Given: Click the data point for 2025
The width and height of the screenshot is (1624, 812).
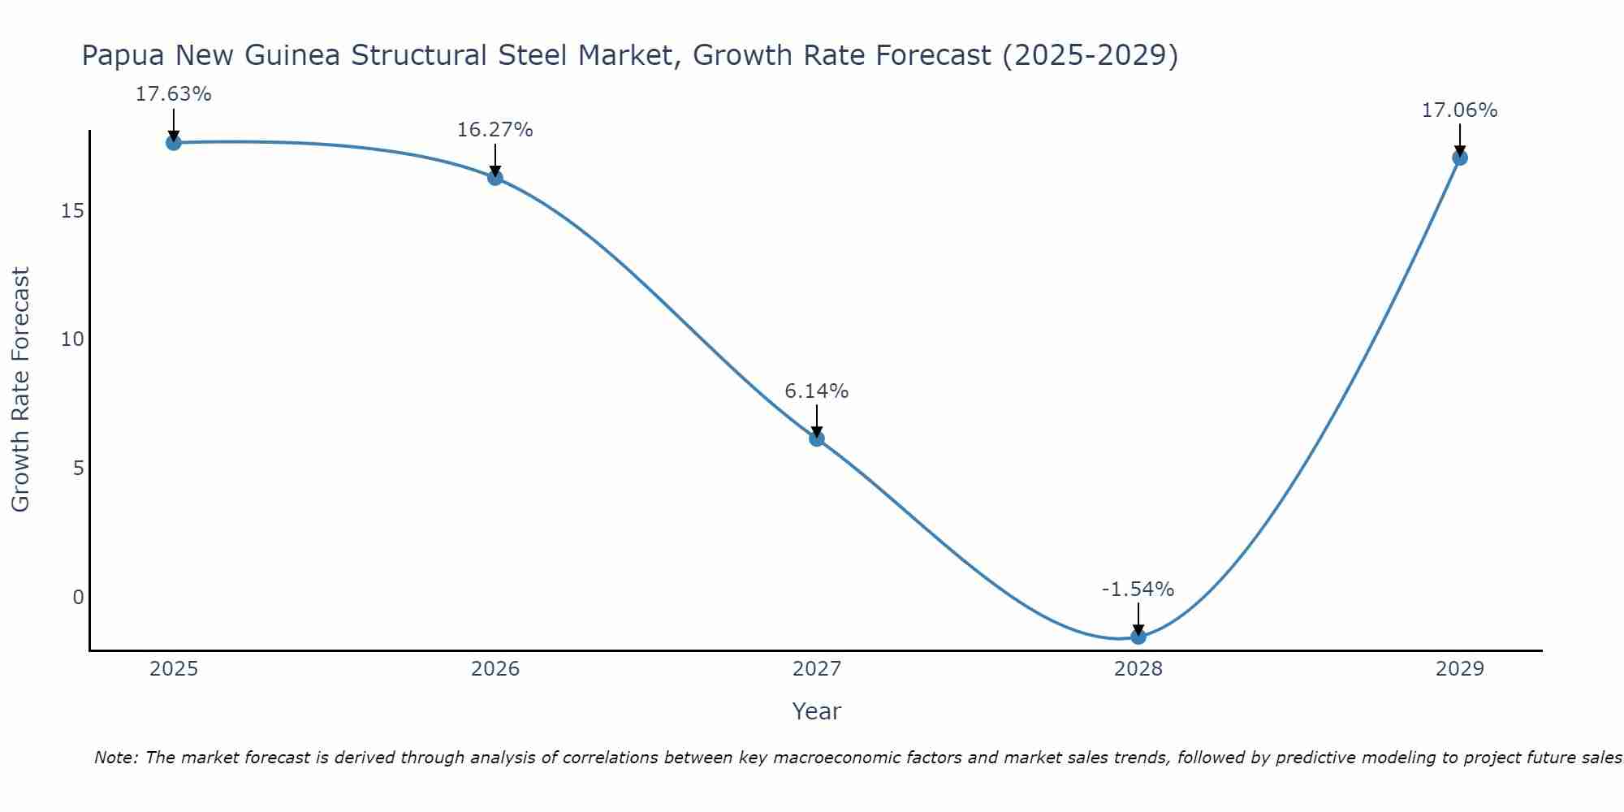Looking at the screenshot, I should click(173, 143).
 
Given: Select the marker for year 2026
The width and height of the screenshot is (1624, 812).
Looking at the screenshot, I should click(495, 178).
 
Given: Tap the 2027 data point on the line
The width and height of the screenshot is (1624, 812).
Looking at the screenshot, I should click(817, 438).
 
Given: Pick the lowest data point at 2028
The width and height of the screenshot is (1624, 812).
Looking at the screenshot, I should click(1138, 637).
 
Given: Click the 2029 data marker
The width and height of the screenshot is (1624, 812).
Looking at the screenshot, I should click(1459, 158).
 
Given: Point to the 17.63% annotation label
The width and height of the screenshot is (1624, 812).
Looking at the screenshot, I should click(173, 94).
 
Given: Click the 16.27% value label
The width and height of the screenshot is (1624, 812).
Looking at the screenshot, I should click(495, 130).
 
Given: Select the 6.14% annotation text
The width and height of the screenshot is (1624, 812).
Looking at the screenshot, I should click(816, 391).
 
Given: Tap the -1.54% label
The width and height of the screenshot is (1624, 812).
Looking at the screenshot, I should click(1138, 590).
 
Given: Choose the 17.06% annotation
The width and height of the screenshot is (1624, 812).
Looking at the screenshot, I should click(1459, 110).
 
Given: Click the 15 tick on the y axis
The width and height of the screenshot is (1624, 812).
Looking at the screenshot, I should click(72, 211).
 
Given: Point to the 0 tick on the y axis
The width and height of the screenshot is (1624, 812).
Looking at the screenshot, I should click(78, 598).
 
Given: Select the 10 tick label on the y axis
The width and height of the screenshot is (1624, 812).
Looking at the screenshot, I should click(72, 339).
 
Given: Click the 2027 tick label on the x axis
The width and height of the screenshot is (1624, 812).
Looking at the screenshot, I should click(817, 669).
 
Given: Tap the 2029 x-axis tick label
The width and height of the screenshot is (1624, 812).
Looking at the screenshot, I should click(1459, 669).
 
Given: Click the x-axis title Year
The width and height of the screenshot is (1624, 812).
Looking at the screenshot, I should click(816, 711).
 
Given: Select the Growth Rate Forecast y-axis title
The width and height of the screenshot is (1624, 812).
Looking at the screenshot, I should click(20, 390).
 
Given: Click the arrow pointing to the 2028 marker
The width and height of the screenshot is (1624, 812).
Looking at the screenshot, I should click(1138, 619).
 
